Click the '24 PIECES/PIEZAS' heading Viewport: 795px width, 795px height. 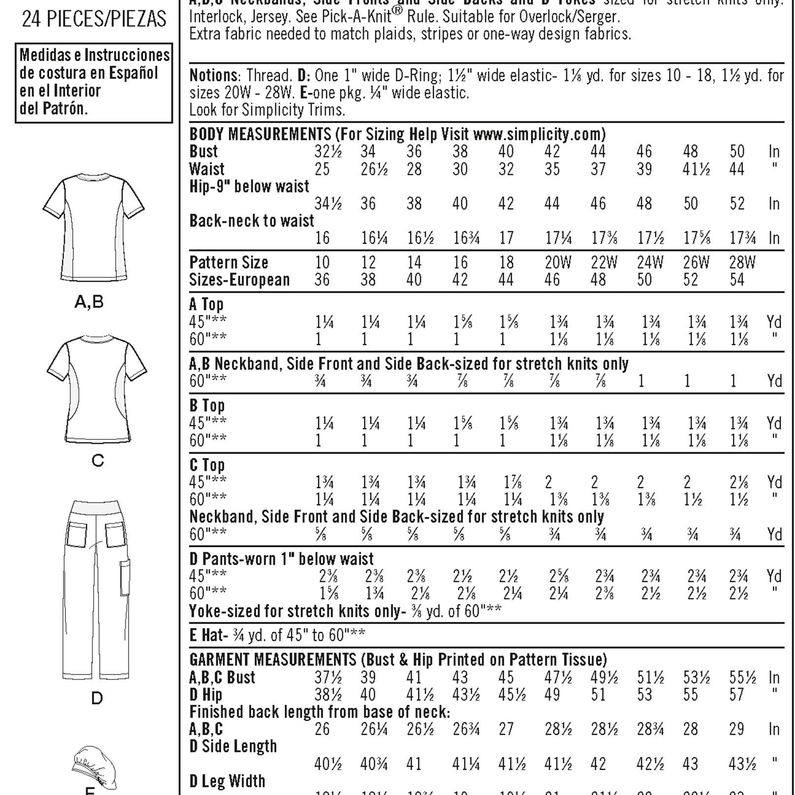pos(94,19)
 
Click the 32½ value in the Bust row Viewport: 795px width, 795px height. pos(328,152)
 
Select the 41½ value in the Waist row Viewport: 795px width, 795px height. pos(696,169)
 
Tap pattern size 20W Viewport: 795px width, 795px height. pos(558,263)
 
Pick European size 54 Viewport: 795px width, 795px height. pos(737,280)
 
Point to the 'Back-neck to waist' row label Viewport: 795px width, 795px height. pos(251,221)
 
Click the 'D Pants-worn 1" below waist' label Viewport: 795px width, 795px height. pos(281,559)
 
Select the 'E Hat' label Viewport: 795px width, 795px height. pos(206,635)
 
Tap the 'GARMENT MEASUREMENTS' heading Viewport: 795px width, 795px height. pos(272,659)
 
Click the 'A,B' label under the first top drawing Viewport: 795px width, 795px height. pos(89,301)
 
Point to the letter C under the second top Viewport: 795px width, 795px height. pos(98,461)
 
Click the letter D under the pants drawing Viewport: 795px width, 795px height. pos(97,698)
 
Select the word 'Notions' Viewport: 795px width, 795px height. pos(213,75)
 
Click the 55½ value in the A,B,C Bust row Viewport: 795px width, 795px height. pos(742,678)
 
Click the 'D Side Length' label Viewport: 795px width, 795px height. pos(233,746)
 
